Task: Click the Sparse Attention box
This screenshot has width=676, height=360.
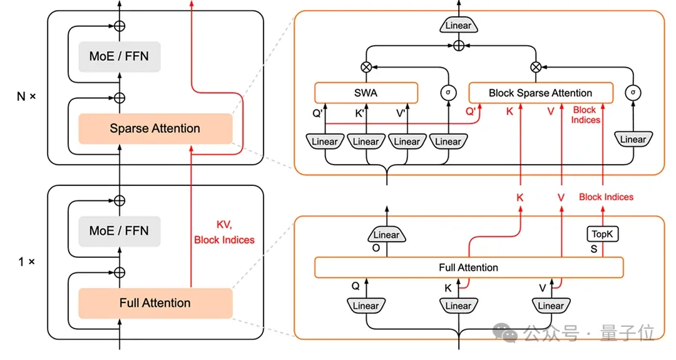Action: pyautogui.click(x=155, y=129)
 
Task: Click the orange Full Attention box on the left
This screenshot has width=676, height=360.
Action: pyautogui.click(x=155, y=303)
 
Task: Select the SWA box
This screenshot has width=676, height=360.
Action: pyautogui.click(x=366, y=93)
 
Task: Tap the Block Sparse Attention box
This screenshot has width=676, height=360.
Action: pyautogui.click(x=540, y=93)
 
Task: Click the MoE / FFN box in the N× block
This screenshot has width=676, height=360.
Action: pyautogui.click(x=119, y=56)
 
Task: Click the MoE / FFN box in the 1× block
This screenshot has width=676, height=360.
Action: pyautogui.click(x=119, y=230)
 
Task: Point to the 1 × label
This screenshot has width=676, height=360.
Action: pyautogui.click(x=26, y=261)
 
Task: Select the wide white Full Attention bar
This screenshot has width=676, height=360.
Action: pyautogui.click(x=468, y=267)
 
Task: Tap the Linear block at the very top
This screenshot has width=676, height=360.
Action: pyautogui.click(x=459, y=26)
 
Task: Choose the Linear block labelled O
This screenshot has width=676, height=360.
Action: pyautogui.click(x=386, y=235)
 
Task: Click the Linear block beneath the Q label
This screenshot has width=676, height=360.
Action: pyautogui.click(x=366, y=306)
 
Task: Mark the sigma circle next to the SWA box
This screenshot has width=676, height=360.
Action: pyautogui.click(x=448, y=93)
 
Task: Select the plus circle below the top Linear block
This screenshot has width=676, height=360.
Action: pyautogui.click(x=459, y=45)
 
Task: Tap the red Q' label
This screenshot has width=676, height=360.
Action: pyautogui.click(x=472, y=112)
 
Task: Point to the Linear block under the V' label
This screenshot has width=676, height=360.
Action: pyautogui.click(x=407, y=141)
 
